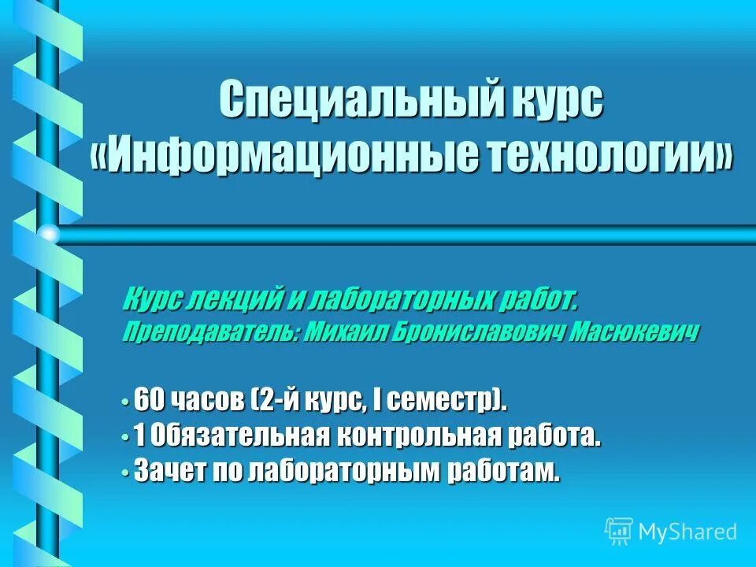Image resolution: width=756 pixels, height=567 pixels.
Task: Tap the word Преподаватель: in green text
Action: [209, 334]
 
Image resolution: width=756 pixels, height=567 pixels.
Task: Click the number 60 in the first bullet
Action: [149, 400]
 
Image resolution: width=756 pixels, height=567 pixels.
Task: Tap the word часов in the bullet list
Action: [205, 400]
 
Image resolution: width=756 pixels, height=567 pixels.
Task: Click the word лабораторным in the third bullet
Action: [346, 470]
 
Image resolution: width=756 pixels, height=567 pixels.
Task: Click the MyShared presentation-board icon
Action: [619, 532]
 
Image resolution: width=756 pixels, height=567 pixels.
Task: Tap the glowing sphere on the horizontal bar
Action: [49, 234]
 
